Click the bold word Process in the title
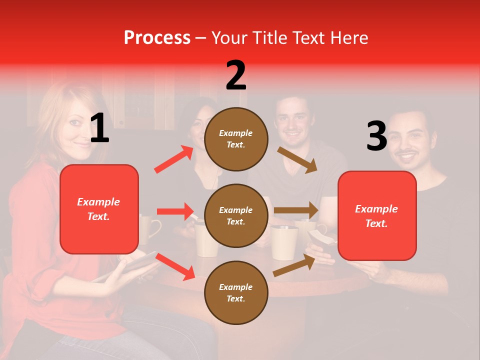click(x=157, y=38)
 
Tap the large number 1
click(x=99, y=128)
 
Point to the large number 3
click(x=376, y=136)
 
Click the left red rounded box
click(x=99, y=209)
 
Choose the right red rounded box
click(x=377, y=215)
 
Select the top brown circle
click(x=236, y=138)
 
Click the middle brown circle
click(x=236, y=215)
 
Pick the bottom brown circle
click(x=236, y=292)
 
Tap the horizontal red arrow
click(x=175, y=211)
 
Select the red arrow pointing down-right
click(x=175, y=266)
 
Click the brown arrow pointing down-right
click(x=297, y=160)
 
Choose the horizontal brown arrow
click(x=296, y=210)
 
